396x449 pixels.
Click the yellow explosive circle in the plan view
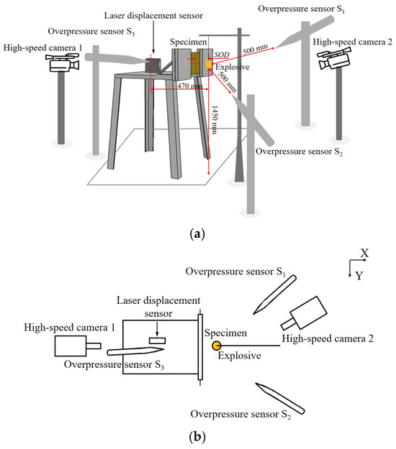click(x=216, y=346)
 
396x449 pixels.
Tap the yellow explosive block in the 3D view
click(x=209, y=64)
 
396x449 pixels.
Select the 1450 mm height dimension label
click(x=215, y=120)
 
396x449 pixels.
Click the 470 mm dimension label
click(x=189, y=86)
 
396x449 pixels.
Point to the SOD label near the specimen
click(x=222, y=55)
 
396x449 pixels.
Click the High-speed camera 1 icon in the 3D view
click(x=62, y=63)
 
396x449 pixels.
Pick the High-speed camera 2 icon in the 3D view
click(x=334, y=59)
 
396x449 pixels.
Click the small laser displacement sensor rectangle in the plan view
click(x=157, y=341)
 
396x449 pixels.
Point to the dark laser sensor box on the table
click(x=153, y=65)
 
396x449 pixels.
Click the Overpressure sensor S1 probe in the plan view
click(x=274, y=295)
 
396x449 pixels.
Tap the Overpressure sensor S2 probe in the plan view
click(x=280, y=398)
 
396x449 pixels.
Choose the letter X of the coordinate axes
click(x=364, y=253)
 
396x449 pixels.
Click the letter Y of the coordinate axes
click(x=359, y=276)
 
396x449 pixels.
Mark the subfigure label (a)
click(x=197, y=234)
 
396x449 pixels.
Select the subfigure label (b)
click(x=197, y=437)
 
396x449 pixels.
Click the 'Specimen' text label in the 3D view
click(x=188, y=42)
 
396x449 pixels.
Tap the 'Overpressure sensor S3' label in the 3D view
click(x=91, y=31)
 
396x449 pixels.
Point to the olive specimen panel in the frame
click(x=195, y=63)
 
